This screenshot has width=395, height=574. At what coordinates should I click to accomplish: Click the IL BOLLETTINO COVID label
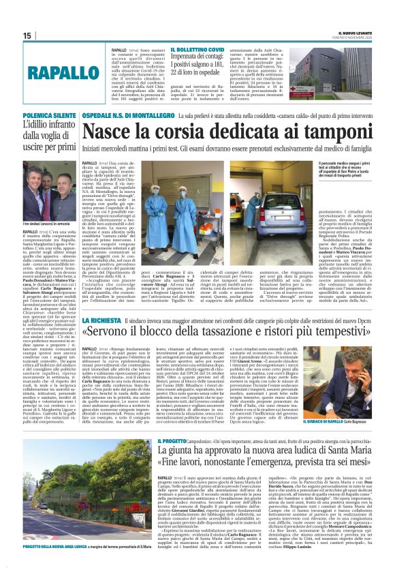(196, 50)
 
